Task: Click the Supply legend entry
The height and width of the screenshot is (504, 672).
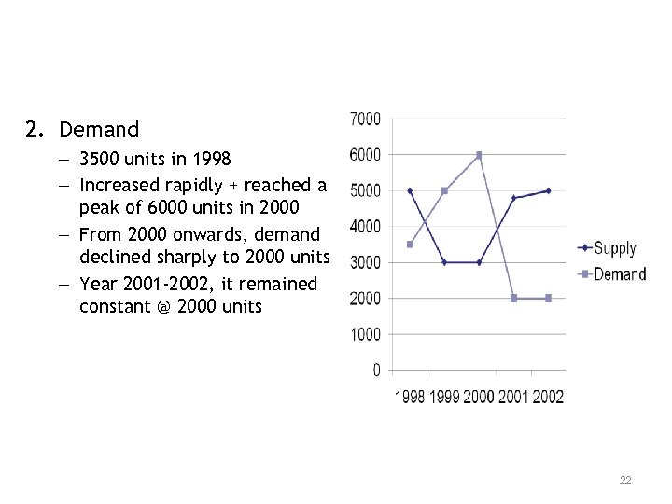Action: [x=614, y=248]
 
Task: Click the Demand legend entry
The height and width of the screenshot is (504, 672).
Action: [x=619, y=273]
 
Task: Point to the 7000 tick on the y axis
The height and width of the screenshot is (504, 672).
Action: [x=365, y=119]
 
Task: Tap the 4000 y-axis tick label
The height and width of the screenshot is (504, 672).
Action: [x=365, y=227]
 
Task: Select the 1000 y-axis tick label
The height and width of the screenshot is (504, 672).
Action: [x=365, y=334]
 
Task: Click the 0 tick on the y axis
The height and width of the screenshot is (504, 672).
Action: [x=376, y=371]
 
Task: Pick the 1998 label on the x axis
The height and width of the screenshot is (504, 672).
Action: [x=410, y=397]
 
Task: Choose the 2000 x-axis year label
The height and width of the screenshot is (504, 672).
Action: [x=479, y=397]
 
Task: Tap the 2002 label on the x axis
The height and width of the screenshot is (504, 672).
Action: [x=548, y=397]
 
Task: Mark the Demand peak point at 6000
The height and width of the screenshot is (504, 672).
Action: [x=479, y=155]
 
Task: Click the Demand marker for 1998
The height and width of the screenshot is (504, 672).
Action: [x=410, y=245]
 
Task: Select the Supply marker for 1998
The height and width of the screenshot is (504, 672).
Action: [x=410, y=190]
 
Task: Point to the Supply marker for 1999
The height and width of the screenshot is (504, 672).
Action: [x=444, y=262]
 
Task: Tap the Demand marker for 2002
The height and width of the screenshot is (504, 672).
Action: [x=548, y=299]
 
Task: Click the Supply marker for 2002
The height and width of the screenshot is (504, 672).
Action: [x=548, y=190]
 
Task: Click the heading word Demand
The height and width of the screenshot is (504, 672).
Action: [x=98, y=130]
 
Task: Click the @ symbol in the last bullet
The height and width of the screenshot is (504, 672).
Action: [x=164, y=306]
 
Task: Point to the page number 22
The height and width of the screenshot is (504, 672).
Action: [x=625, y=481]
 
